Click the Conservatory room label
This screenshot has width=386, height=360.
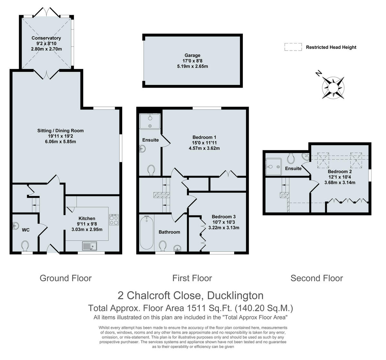click(46, 38)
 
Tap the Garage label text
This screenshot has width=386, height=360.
click(192, 55)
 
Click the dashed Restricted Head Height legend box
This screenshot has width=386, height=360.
click(293, 47)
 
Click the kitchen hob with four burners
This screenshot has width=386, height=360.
click(114, 220)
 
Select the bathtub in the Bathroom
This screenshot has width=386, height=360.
click(147, 233)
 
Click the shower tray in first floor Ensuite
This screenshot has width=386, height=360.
click(150, 121)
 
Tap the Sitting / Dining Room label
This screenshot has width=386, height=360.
click(60, 130)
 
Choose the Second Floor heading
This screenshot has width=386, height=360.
click(317, 278)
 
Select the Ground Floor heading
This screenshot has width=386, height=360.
click(66, 278)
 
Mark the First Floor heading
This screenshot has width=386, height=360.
click(192, 278)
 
